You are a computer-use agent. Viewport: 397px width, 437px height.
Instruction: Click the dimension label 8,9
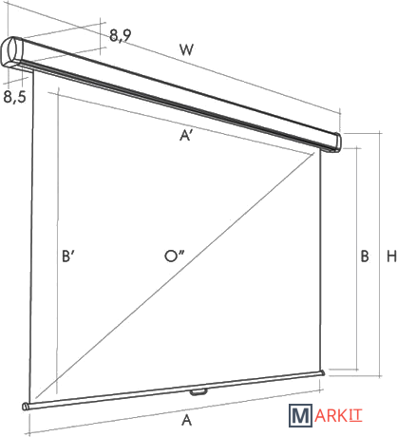click(121, 35)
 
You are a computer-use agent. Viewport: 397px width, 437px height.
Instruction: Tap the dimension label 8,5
click(14, 96)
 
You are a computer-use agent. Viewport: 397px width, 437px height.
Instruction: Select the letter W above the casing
click(186, 49)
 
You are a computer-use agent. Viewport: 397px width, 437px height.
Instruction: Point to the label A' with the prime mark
click(186, 136)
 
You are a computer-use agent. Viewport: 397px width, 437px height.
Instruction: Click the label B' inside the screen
click(68, 256)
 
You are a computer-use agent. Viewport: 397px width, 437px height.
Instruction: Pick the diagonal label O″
click(175, 256)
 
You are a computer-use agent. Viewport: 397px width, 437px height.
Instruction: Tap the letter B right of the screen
click(365, 256)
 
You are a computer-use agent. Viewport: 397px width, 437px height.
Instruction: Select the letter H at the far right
click(391, 256)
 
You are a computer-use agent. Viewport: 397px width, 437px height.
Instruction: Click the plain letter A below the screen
click(187, 420)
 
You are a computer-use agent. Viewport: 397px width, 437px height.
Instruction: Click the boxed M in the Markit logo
click(300, 415)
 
